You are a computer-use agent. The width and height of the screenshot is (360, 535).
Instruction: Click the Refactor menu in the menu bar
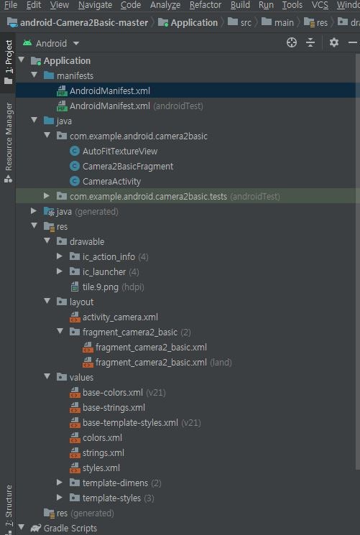206,5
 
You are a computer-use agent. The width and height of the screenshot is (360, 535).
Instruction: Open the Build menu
240,5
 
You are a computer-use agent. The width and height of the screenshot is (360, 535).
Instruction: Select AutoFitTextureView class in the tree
119,152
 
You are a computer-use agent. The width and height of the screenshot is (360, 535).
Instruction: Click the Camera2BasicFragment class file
127,167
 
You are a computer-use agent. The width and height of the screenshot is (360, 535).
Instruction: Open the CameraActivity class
111,182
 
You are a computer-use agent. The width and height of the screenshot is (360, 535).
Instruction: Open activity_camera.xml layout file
120,317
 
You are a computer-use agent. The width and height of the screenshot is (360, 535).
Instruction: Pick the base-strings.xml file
114,408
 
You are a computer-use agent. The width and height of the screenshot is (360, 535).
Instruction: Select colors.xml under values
102,438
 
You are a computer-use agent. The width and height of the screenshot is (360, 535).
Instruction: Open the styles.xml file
101,468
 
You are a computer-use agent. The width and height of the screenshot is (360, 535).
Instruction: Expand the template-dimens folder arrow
60,483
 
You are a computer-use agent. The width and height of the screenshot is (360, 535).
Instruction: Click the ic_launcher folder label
104,272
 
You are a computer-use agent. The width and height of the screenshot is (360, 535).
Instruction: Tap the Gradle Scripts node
70,529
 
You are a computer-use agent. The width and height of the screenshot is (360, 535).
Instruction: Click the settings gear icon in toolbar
334,43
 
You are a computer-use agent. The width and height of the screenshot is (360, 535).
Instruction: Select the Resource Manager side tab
9,136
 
